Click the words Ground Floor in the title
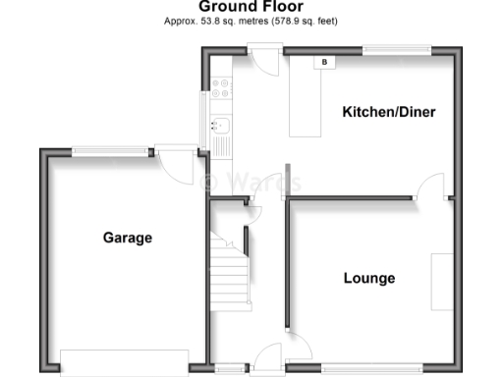coord(251,7)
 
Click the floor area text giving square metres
coord(251,21)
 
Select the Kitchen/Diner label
coord(388,113)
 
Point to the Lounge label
coord(369,278)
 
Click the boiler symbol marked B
coord(323,62)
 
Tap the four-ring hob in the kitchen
coord(221,87)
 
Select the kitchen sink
coord(221,126)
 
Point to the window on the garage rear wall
coord(109,151)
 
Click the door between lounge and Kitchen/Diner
coord(432,187)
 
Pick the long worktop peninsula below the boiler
coord(306,98)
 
